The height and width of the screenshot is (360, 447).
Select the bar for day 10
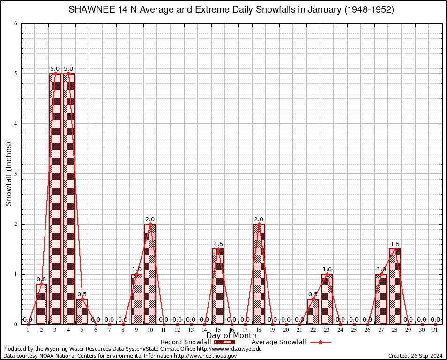pos(150,274)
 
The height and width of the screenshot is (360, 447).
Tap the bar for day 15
pos(218,286)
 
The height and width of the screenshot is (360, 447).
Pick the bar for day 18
pos(259,274)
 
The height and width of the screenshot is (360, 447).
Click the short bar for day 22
pos(313,312)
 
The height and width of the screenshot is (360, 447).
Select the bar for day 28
pos(395,286)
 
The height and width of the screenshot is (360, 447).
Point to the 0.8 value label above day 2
pos(41,280)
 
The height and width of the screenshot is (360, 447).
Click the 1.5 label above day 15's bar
pos(218,244)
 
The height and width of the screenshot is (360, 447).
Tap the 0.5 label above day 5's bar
pos(82,294)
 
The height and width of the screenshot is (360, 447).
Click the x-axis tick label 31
pos(435,330)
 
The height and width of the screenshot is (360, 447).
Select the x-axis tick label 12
pos(177,330)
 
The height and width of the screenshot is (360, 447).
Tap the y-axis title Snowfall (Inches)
pos(9,174)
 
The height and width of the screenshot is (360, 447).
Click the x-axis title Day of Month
pos(231,336)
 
